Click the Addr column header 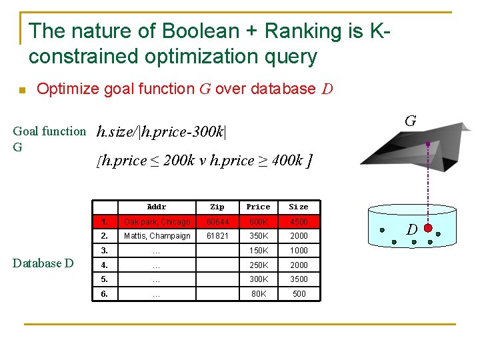pyautogui.click(x=157, y=207)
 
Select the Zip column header pyautogui.click(x=217, y=207)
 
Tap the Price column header pyautogui.click(x=258, y=207)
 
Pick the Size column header pyautogui.click(x=299, y=207)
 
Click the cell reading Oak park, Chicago pyautogui.click(x=157, y=221)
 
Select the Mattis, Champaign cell pyautogui.click(x=157, y=236)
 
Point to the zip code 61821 pyautogui.click(x=217, y=236)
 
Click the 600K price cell pyautogui.click(x=258, y=221)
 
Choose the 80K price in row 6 pyautogui.click(x=258, y=293)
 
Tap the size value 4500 pyautogui.click(x=299, y=221)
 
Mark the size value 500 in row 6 pyautogui.click(x=299, y=293)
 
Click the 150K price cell pyautogui.click(x=258, y=250)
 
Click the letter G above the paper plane pyautogui.click(x=411, y=121)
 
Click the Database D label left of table pyautogui.click(x=43, y=263)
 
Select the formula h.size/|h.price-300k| pyautogui.click(x=161, y=132)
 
